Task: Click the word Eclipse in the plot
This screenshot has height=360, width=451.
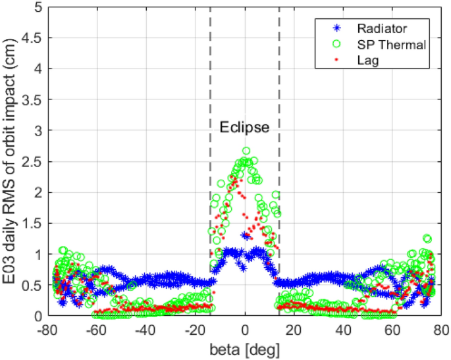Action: [x=244, y=128]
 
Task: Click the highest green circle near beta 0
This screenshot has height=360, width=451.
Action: [x=246, y=151]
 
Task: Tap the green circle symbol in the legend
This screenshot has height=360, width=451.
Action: [x=336, y=44]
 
